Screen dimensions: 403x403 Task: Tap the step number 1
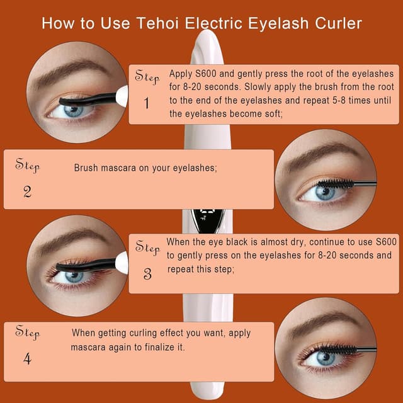(x=147, y=103)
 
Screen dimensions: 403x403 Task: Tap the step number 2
(x=27, y=192)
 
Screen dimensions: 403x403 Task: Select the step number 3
(x=147, y=273)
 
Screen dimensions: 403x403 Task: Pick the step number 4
(x=27, y=359)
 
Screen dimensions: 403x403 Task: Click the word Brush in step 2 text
(x=86, y=168)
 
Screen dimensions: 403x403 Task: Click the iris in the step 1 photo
(x=74, y=111)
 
